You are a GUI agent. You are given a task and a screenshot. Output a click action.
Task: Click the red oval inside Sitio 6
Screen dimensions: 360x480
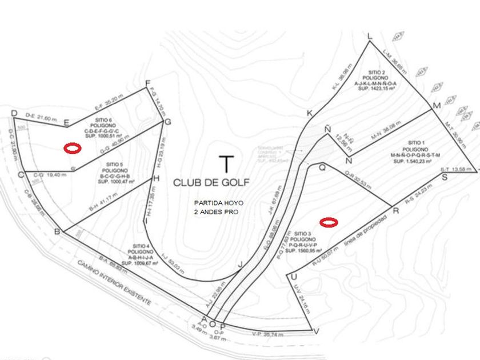72,148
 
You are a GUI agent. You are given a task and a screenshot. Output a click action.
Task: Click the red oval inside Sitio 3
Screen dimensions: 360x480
329,222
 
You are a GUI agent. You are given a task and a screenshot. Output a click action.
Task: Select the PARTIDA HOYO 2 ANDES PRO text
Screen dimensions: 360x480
215,207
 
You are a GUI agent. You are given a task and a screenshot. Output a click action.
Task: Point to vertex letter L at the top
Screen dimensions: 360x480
370,37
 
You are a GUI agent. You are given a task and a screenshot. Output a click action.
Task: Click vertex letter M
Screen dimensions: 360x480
437,106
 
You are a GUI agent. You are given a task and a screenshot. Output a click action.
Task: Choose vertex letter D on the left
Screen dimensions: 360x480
14,114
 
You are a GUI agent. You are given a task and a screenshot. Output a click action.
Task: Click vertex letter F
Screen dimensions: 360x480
147,82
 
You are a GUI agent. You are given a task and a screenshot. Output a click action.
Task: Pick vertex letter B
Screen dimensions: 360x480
57,231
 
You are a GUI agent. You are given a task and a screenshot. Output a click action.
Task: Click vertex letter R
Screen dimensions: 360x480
396,210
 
